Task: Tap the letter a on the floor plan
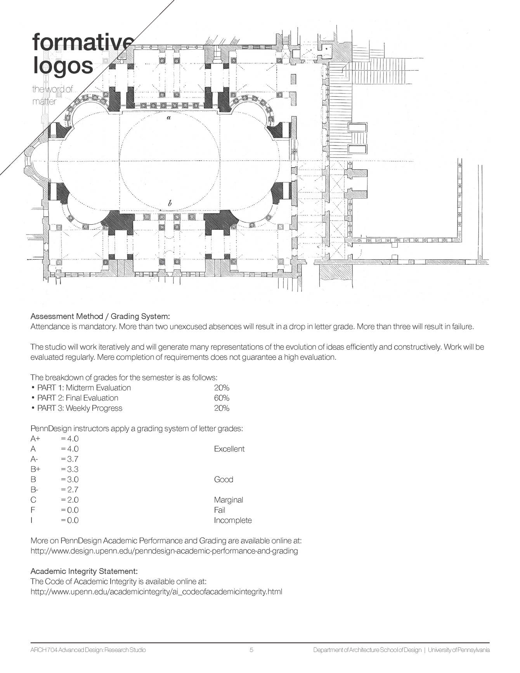168,117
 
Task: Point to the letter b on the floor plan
170,203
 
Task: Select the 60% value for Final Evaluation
222,398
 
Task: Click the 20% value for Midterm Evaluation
222,388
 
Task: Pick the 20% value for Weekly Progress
222,408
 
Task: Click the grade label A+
35,439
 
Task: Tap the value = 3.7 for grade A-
70,459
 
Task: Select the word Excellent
229,449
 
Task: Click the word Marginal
229,500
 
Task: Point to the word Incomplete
233,520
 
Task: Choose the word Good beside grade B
224,479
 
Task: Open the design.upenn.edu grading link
164,551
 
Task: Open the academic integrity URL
156,592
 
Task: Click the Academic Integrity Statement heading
84,571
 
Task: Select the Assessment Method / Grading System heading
100,316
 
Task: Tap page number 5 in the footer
251,650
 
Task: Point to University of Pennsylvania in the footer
459,650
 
